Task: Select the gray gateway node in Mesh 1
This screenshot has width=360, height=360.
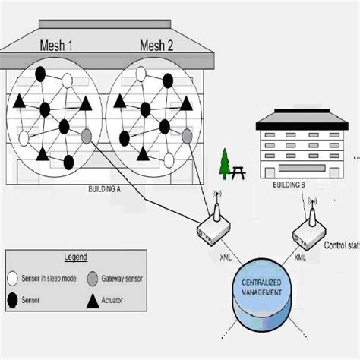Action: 86,137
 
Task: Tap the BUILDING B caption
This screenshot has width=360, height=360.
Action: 289,185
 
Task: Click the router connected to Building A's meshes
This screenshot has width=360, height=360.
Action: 213,223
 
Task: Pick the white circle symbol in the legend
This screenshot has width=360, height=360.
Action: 13,278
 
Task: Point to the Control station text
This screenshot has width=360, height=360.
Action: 342,245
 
